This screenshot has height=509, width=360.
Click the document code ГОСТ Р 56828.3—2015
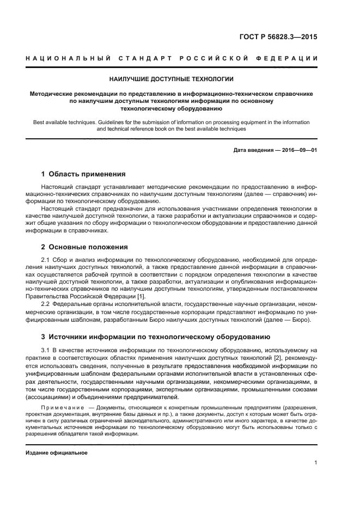click(x=278, y=38)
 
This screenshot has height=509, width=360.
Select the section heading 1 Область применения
click(x=83, y=174)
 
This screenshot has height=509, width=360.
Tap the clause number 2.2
click(x=46, y=304)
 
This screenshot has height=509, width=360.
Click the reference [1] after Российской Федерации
click(x=141, y=296)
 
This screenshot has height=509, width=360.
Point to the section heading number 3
click(x=44, y=336)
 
